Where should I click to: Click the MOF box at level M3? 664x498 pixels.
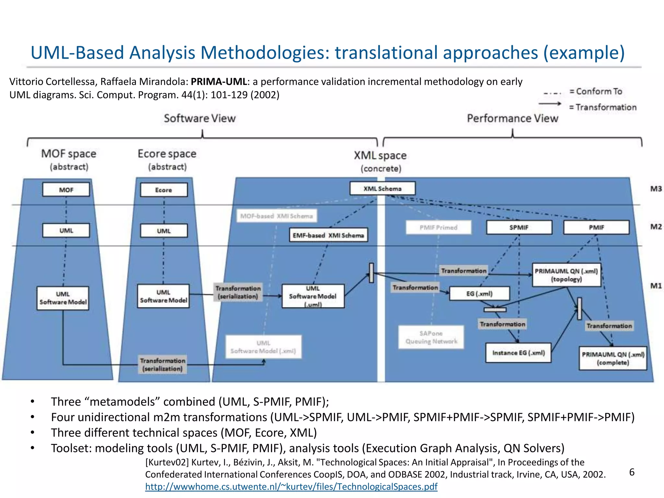click(x=66, y=190)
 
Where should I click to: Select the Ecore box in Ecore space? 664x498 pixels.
click(x=164, y=190)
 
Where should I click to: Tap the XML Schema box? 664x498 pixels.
click(x=383, y=188)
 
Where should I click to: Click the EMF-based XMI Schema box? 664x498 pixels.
click(x=328, y=235)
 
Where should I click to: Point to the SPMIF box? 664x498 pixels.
click(x=519, y=227)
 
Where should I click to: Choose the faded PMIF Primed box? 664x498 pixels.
click(x=438, y=227)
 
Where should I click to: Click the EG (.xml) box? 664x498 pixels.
click(x=479, y=294)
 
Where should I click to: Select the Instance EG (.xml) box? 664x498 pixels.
click(x=518, y=353)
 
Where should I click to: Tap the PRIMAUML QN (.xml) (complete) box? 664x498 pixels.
click(x=613, y=358)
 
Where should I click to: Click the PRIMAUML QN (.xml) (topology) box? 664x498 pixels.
click(x=566, y=275)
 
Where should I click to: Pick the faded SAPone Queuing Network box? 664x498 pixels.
click(x=431, y=337)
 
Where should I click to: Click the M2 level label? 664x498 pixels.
click(x=656, y=227)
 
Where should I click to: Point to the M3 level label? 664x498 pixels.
click(x=656, y=189)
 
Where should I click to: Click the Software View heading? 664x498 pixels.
click(x=200, y=118)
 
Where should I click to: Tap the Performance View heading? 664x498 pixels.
click(x=513, y=118)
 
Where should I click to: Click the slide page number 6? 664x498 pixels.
click(x=632, y=472)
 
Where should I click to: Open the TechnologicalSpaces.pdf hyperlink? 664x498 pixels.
click(x=291, y=487)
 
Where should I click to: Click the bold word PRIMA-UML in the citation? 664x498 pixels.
click(x=219, y=82)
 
